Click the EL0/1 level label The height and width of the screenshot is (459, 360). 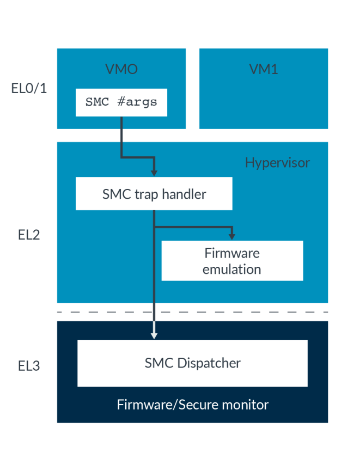click(x=29, y=88)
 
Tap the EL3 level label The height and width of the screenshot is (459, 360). click(x=29, y=365)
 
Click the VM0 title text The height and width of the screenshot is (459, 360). click(x=121, y=70)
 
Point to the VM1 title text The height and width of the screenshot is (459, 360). click(x=263, y=70)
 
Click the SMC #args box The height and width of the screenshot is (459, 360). click(x=121, y=102)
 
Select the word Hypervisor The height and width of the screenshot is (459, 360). click(x=277, y=163)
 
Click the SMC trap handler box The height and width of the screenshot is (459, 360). click(x=154, y=194)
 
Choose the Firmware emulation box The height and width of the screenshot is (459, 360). click(x=232, y=261)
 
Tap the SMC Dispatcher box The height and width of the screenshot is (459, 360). click(x=193, y=363)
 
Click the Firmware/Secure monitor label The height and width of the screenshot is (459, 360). click(x=193, y=405)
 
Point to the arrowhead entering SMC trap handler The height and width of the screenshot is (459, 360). click(x=155, y=172)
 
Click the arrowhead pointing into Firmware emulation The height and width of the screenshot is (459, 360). click(x=232, y=236)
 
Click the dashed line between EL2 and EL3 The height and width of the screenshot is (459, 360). click(x=193, y=312)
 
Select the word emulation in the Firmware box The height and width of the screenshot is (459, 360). click(x=232, y=269)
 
